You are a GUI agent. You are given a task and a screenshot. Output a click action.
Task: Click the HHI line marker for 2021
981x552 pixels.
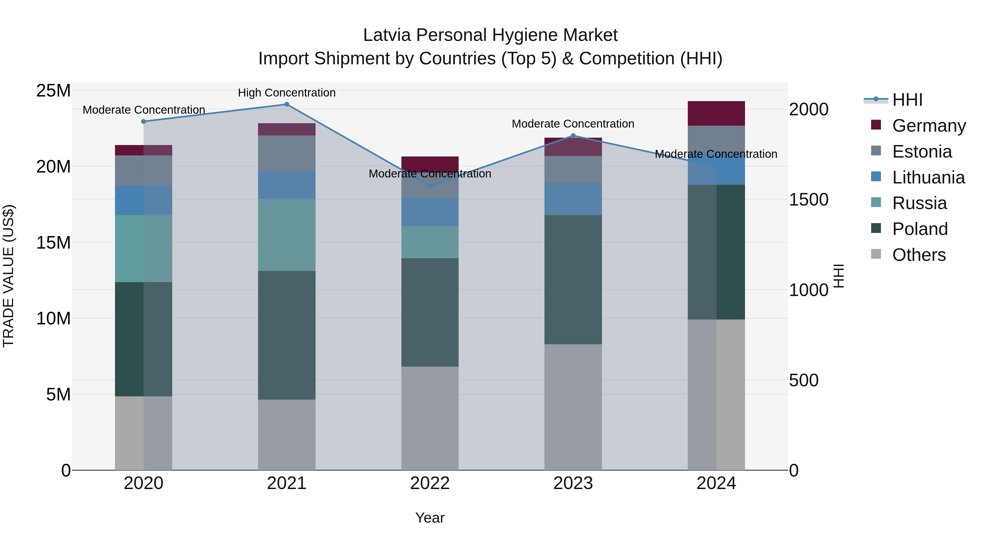tap(287, 104)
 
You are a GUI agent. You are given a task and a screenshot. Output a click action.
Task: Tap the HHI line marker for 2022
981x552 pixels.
tap(430, 186)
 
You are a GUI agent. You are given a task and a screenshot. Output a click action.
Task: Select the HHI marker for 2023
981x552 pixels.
tap(573, 136)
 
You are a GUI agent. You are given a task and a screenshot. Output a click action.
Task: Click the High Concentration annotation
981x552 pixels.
tap(287, 93)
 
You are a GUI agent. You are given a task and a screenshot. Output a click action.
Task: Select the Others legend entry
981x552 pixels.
tap(919, 255)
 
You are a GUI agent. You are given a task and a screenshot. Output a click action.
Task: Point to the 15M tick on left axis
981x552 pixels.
tap(53, 243)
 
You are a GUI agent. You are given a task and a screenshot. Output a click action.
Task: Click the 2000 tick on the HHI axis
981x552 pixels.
tap(809, 110)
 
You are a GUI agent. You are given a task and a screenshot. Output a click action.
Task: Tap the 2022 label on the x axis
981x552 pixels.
tap(430, 483)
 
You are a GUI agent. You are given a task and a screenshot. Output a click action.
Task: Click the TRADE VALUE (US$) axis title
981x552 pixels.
tap(8, 276)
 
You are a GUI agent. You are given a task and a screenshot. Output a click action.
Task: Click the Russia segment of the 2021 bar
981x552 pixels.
tap(287, 235)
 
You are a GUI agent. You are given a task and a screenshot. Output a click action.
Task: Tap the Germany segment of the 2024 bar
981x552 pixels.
tap(716, 113)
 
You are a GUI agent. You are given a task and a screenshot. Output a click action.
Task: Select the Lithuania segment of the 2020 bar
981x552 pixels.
tap(144, 200)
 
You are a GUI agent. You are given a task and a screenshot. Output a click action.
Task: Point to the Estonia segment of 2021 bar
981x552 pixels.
tap(287, 153)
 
